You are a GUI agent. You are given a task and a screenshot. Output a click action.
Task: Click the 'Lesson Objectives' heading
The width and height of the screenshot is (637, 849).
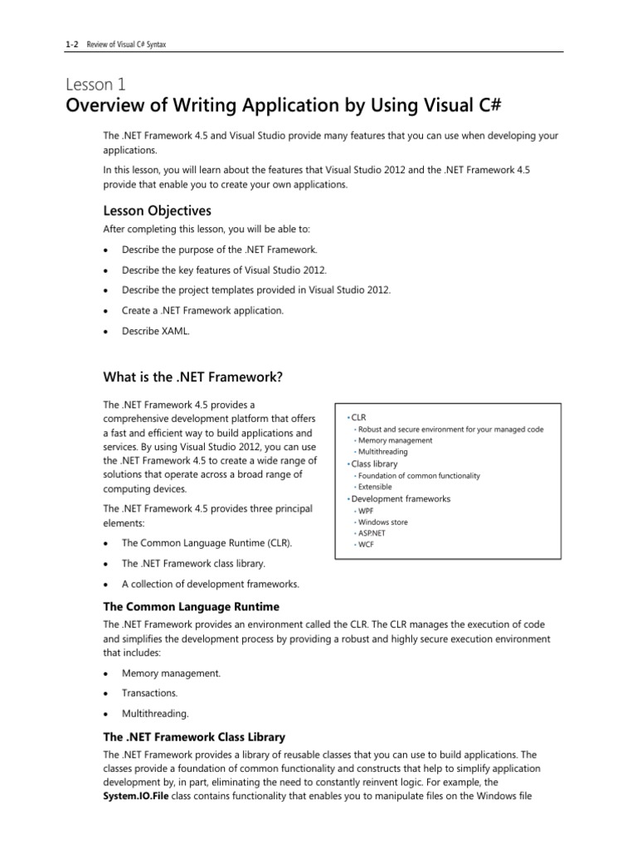(x=157, y=211)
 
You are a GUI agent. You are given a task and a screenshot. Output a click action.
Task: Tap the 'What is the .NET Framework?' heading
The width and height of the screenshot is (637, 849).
(x=192, y=377)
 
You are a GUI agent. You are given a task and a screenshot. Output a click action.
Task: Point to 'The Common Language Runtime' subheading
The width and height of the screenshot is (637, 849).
(x=191, y=607)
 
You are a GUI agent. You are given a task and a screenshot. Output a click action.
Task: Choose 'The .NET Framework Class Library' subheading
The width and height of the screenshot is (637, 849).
(x=194, y=737)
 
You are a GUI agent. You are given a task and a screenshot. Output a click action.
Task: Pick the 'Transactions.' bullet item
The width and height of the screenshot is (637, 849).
(x=149, y=693)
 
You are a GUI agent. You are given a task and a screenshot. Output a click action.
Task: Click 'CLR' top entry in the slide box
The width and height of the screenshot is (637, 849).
(x=358, y=416)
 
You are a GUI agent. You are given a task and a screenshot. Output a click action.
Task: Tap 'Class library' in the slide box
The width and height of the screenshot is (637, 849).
(x=374, y=464)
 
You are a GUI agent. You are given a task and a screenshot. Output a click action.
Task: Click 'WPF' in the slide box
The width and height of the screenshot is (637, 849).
(x=366, y=512)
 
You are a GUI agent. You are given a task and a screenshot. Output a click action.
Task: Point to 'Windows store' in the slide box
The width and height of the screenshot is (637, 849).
(x=382, y=522)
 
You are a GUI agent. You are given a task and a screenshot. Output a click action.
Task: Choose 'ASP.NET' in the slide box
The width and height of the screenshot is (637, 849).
(x=372, y=534)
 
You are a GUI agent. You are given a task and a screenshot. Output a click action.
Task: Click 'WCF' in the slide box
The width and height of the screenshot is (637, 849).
(x=366, y=545)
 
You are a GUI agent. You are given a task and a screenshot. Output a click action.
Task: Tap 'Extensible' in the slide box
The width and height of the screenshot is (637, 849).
(x=375, y=487)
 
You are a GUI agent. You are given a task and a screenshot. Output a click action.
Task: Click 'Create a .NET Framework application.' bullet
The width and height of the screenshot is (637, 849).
(x=202, y=310)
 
